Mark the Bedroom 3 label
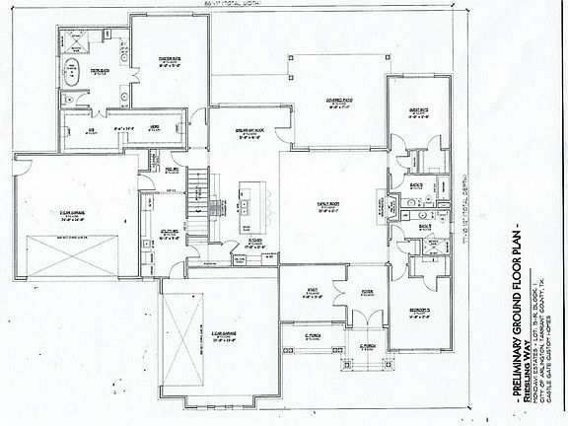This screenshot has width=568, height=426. (x=424, y=316)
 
